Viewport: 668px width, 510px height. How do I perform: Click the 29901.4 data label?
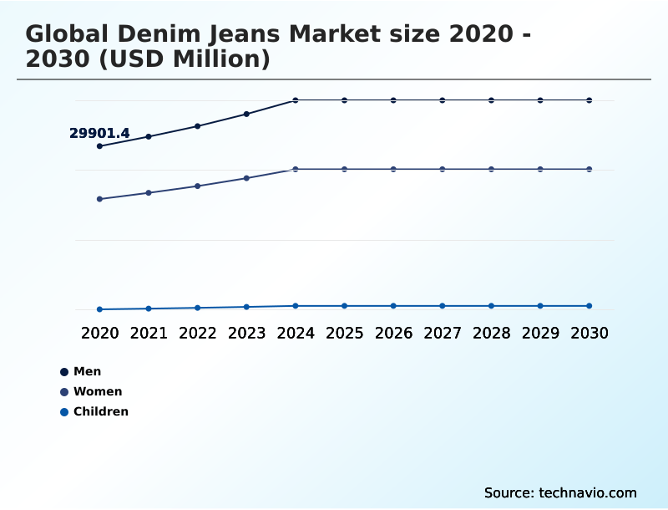pos(99,133)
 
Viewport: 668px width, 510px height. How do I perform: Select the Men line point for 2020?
pos(99,146)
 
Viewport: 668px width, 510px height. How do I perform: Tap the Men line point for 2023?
pos(246,114)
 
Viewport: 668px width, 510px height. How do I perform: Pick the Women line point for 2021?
pos(149,193)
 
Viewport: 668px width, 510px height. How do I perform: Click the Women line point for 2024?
pos(296,169)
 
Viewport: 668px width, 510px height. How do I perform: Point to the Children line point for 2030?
pos(589,306)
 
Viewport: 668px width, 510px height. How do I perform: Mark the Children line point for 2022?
pos(198,308)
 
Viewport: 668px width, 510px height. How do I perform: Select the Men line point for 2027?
pos(443,100)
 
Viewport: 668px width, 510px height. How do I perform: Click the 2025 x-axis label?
pos(344,333)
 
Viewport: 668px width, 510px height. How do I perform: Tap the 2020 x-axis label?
pos(99,333)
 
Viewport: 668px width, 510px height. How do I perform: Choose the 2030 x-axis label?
pos(589,333)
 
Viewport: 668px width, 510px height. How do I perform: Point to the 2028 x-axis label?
pos(491,333)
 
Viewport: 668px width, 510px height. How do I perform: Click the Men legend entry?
pos(87,371)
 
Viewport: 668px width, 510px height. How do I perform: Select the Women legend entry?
pos(97,391)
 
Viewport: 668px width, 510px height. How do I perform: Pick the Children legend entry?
pos(100,411)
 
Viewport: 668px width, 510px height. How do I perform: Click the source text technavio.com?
pos(588,492)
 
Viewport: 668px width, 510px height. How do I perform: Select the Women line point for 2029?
pos(540,169)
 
